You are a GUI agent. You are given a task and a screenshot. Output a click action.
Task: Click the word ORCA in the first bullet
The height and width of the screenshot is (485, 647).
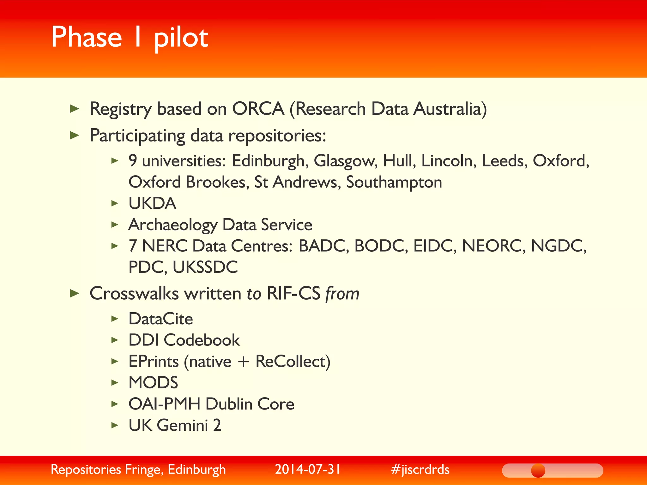(258, 109)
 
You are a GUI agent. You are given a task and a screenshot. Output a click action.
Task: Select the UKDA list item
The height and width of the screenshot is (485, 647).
(152, 203)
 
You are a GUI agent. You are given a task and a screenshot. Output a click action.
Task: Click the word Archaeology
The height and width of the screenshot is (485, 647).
(173, 225)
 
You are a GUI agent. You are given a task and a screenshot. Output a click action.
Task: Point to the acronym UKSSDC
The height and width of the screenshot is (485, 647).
(205, 267)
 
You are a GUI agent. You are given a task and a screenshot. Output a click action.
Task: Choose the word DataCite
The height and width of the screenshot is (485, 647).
(160, 319)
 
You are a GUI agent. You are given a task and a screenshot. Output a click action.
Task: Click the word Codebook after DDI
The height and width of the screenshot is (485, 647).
(202, 340)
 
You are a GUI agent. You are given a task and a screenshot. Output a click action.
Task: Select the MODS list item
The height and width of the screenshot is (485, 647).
(153, 383)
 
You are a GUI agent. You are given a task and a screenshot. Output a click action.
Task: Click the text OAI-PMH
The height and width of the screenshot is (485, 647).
(164, 404)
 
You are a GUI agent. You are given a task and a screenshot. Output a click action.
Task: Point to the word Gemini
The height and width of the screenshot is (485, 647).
(182, 425)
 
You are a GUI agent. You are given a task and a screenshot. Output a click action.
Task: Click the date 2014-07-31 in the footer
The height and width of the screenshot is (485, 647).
(308, 470)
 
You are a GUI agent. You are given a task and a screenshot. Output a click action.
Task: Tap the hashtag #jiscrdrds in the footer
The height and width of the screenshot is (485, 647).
(420, 470)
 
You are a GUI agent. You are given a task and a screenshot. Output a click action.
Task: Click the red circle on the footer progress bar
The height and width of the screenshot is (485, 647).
(538, 471)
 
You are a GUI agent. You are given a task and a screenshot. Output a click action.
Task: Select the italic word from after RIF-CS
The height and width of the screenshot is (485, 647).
(342, 294)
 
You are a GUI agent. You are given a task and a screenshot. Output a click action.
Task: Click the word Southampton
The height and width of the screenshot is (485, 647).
(394, 183)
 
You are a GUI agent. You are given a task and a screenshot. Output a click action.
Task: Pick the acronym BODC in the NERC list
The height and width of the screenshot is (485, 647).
(379, 246)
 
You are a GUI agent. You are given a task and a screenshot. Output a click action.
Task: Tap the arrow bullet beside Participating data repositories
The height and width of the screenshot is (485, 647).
(74, 136)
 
